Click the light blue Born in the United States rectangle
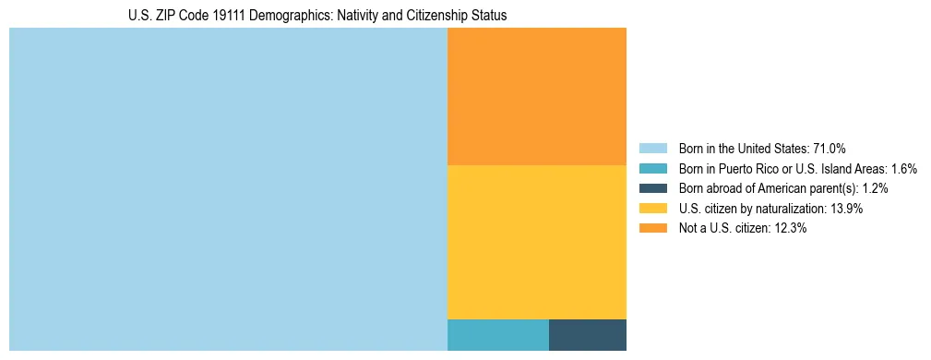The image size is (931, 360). pos(228,189)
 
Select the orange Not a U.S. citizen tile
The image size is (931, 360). pos(537,96)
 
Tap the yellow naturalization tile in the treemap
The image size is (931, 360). pos(537,242)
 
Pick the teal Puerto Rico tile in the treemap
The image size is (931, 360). pos(498,335)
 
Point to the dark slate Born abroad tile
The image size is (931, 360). pos(588,335)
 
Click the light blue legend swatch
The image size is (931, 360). pos(652,149)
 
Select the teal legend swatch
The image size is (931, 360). pos(652,169)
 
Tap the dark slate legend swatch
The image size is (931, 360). pos(652,188)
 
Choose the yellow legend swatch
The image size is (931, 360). pos(652,209)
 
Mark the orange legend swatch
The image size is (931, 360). pos(652,229)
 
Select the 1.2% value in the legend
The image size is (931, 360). pos(874,188)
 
